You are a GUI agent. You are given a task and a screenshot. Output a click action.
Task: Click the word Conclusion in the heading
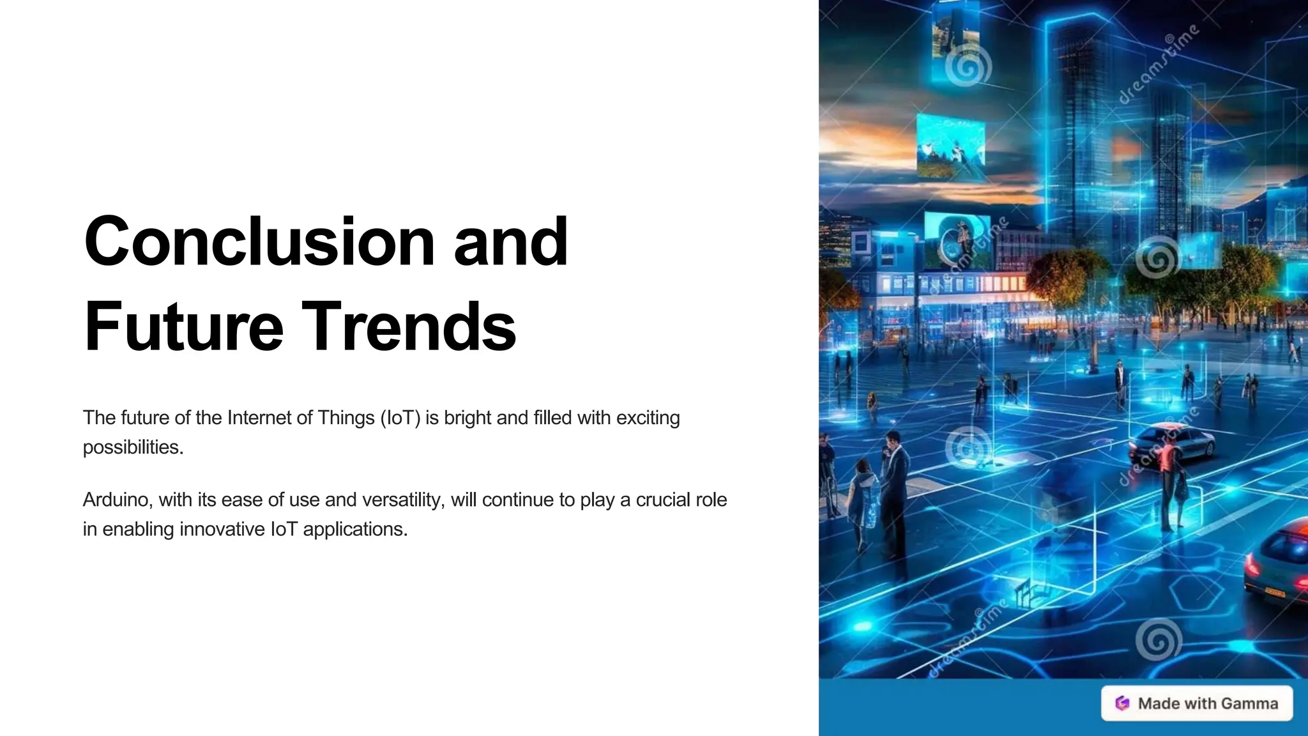click(259, 241)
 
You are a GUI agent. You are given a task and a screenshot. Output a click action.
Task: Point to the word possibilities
click(133, 447)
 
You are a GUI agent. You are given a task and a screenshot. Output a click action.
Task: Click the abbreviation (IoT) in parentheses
click(400, 418)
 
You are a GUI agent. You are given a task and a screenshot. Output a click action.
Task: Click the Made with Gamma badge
click(1197, 703)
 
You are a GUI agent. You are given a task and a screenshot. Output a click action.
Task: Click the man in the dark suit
click(894, 486)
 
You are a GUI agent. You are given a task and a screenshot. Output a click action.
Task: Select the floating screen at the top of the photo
click(956, 38)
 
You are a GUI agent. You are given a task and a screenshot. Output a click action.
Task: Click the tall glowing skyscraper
click(1079, 128)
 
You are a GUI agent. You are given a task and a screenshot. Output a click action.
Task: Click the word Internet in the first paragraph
click(258, 418)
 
